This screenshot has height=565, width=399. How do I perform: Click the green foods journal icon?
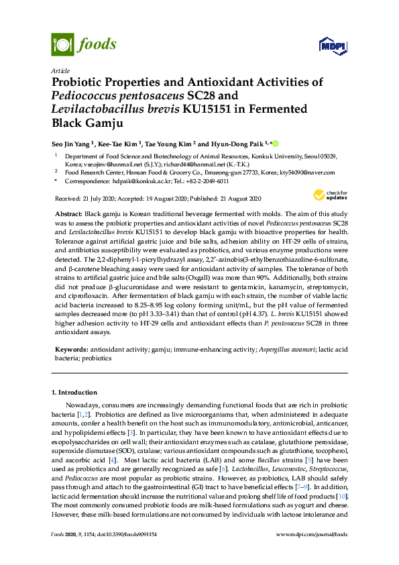(x=62, y=44)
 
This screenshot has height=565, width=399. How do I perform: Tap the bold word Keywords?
(x=70, y=350)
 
